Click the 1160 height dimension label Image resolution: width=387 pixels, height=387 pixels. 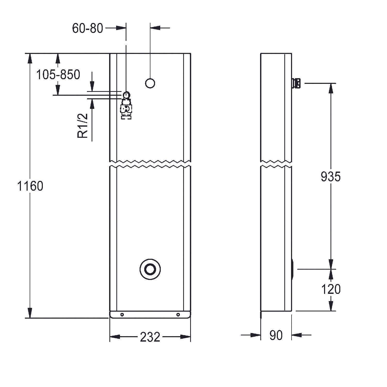coord(30,186)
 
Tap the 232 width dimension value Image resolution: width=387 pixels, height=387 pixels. coord(150,337)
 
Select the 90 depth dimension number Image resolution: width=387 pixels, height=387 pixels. coord(276,335)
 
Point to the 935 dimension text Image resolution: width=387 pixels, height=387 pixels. coord(330,177)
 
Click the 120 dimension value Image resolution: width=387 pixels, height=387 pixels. coord(330,289)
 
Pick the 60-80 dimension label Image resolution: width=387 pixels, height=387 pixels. coord(87,28)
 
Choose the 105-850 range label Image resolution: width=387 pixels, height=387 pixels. coord(58,75)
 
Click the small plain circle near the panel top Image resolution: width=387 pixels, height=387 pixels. coord(150,83)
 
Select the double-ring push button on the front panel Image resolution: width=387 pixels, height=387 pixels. coord(150,269)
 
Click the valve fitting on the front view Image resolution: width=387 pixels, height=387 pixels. coord(126,106)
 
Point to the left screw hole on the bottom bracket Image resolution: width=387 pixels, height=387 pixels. coord(122,315)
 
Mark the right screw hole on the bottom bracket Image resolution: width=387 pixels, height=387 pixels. coord(178,315)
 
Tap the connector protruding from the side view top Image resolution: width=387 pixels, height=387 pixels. coord(296,83)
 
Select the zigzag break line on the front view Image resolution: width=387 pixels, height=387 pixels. coord(150,164)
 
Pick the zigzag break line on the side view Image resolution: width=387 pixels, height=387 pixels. coord(276,164)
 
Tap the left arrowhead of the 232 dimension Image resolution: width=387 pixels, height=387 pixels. coord(115,337)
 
